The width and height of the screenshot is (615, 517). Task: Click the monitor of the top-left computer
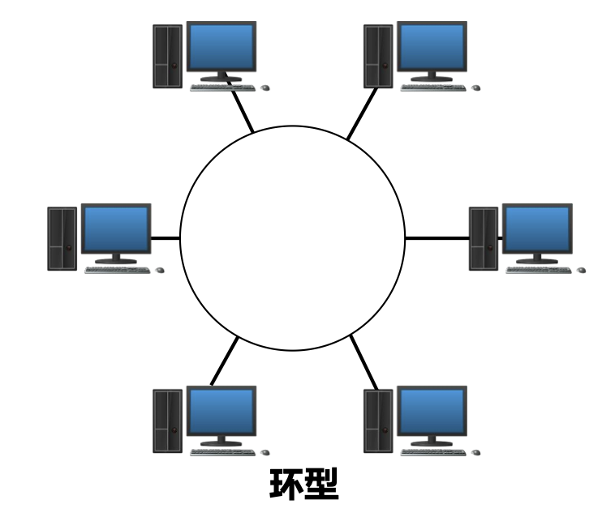click(221, 46)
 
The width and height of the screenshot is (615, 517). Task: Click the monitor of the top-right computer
click(432, 46)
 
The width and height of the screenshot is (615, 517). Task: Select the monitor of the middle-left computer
click(116, 229)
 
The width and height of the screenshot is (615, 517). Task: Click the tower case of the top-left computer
click(167, 56)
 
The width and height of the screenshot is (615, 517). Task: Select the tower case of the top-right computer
click(378, 56)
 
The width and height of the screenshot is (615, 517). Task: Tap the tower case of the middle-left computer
click(62, 238)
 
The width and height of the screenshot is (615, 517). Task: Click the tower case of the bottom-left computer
click(167, 421)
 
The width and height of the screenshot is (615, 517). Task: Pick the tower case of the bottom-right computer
click(378, 421)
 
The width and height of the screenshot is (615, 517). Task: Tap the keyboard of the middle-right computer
click(538, 270)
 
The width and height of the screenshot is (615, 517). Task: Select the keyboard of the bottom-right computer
click(432, 452)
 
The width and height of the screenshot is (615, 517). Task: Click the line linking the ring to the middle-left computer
click(166, 238)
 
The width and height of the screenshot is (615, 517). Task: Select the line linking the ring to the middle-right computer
click(437, 238)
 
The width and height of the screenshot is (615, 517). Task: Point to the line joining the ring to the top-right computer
click(363, 114)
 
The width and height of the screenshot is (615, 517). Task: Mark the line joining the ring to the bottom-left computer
click(225, 361)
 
